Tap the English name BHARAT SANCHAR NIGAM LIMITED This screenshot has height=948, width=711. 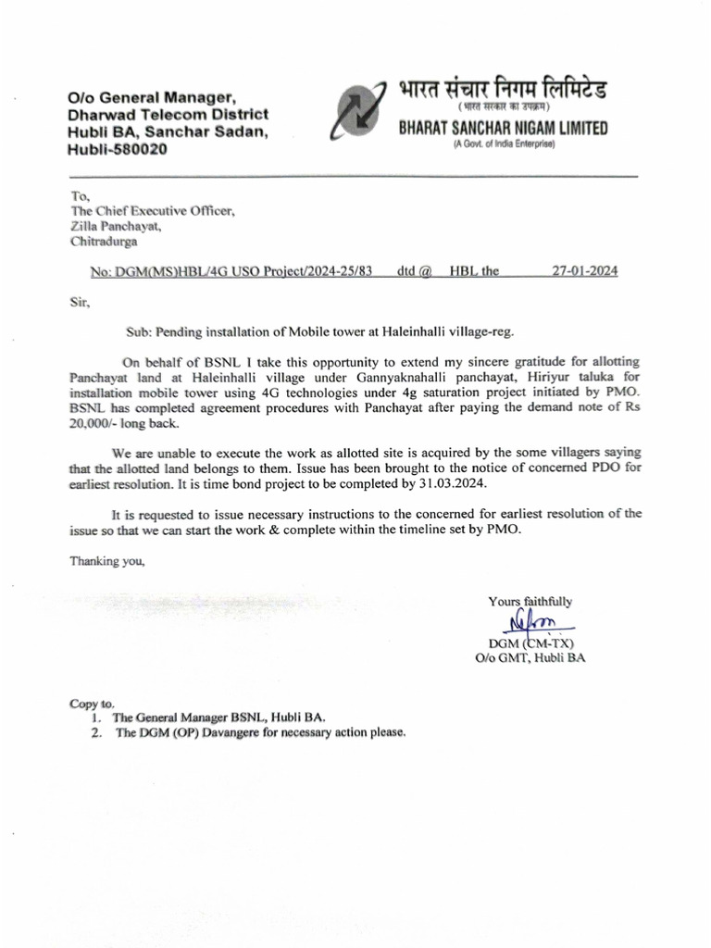pos(503,129)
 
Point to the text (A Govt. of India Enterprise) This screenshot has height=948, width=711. pos(503,146)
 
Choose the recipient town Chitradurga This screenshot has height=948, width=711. pos(106,243)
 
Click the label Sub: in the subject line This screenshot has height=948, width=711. pos(139,331)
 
